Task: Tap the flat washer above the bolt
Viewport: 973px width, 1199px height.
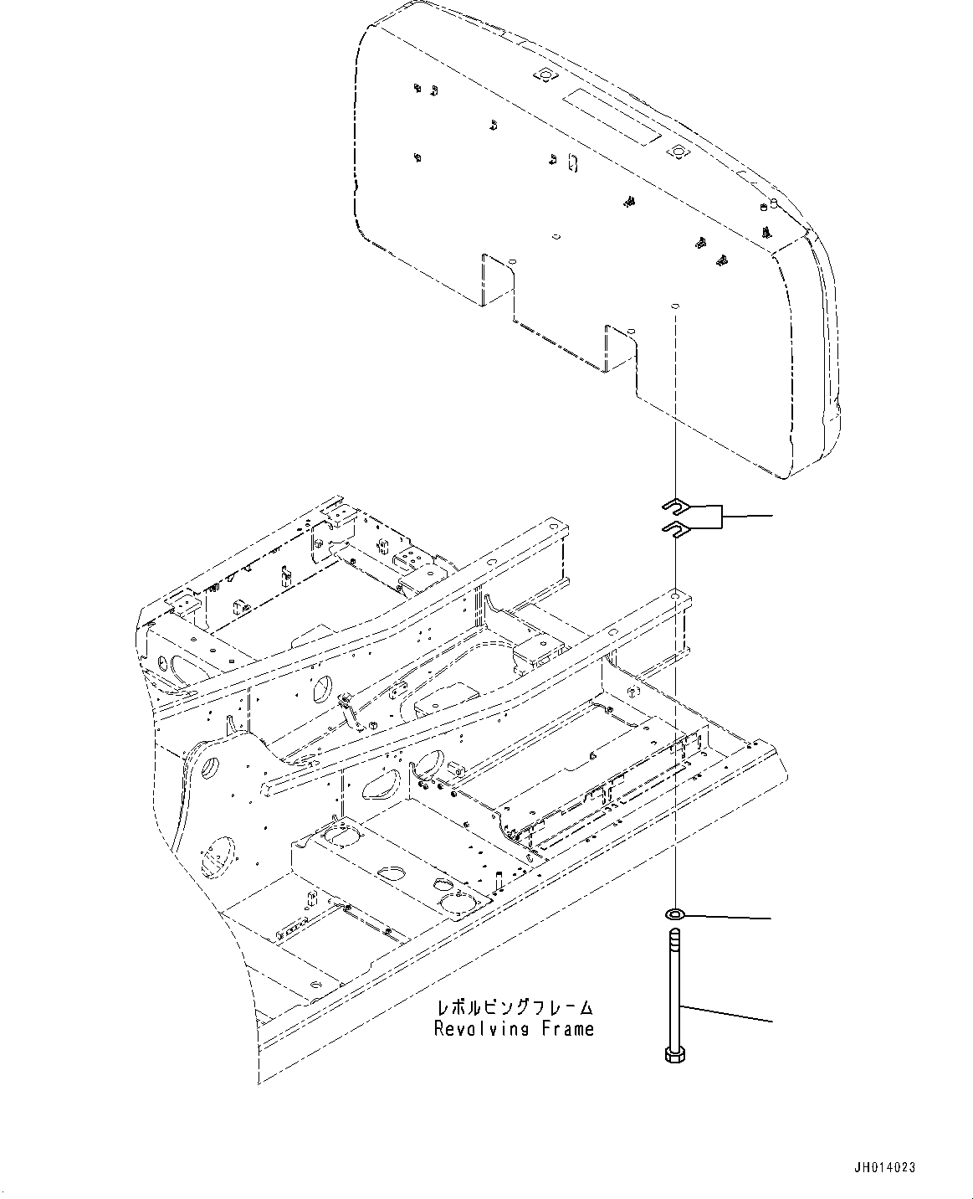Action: [x=674, y=912]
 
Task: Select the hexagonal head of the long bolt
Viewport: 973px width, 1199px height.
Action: [x=673, y=1054]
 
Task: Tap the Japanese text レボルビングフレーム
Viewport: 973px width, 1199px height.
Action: [x=514, y=1007]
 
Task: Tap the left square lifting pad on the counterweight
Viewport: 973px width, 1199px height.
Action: [x=545, y=75]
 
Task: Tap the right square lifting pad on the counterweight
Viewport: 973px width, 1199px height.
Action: [x=676, y=151]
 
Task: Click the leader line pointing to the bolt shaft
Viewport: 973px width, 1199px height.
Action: [x=728, y=1013]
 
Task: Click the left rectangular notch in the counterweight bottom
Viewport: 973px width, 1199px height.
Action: [x=496, y=280]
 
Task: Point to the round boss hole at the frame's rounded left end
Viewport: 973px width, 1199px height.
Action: [x=210, y=765]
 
